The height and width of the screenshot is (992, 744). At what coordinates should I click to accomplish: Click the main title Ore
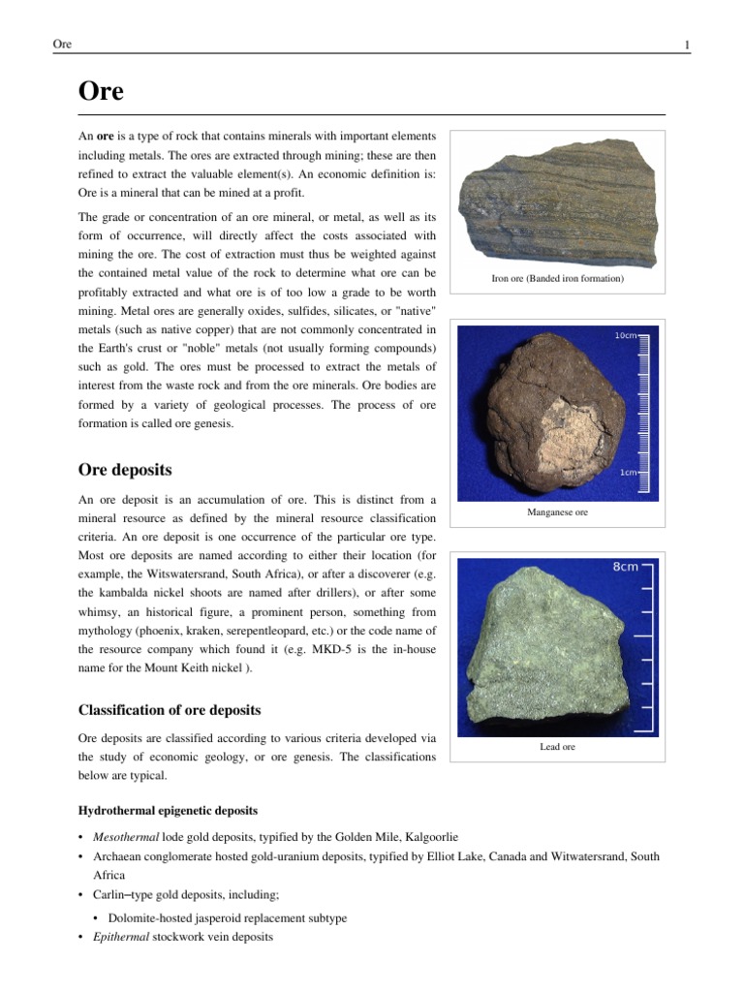[x=101, y=91]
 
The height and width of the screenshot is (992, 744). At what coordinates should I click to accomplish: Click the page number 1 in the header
[x=686, y=45]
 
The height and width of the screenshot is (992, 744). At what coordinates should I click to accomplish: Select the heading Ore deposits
[x=125, y=470]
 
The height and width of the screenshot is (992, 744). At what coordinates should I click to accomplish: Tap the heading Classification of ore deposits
[x=170, y=710]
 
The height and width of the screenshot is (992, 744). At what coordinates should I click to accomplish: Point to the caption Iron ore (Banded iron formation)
[x=557, y=279]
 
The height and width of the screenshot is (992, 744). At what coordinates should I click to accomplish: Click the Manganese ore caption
[x=557, y=511]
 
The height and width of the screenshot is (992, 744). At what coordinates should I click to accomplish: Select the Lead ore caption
[x=557, y=746]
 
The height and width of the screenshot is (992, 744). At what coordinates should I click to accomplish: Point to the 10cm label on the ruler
[x=625, y=336]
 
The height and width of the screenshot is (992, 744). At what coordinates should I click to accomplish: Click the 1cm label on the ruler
[x=628, y=473]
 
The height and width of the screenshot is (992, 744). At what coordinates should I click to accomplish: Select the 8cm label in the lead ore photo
[x=625, y=568]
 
